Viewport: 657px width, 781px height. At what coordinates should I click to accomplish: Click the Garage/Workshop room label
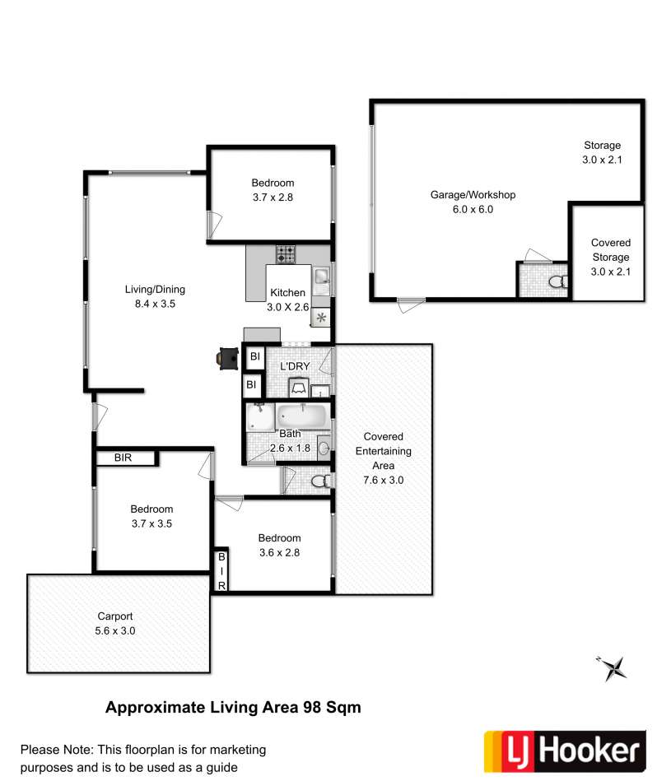click(x=473, y=195)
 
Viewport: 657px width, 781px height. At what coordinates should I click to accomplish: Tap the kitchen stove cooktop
click(x=286, y=254)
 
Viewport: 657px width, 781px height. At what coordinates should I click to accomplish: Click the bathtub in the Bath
click(x=303, y=416)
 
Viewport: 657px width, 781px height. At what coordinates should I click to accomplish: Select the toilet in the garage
click(x=557, y=282)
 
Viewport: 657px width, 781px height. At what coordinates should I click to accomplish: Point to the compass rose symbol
click(x=613, y=668)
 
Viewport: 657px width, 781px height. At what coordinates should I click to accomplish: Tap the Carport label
click(x=115, y=616)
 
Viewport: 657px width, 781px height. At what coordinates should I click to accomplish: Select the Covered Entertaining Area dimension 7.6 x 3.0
click(x=383, y=480)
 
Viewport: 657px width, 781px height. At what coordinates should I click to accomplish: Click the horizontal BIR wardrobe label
click(x=123, y=458)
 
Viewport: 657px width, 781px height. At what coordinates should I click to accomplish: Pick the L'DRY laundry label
click(x=295, y=366)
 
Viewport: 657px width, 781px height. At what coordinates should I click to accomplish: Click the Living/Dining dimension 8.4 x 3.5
click(x=155, y=304)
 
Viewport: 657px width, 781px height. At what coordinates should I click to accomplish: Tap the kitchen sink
click(x=322, y=277)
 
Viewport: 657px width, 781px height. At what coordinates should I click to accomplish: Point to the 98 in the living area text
click(x=311, y=707)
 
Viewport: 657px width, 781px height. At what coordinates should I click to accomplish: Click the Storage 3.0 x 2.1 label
click(x=602, y=152)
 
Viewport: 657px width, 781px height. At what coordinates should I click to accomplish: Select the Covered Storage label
click(x=611, y=249)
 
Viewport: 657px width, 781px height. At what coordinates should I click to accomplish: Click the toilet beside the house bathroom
click(x=321, y=481)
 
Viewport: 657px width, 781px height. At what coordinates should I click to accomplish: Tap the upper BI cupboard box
click(x=254, y=356)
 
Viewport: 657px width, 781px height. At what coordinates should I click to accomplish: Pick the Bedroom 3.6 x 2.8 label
click(x=279, y=546)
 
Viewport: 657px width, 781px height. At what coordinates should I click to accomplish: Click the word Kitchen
click(x=287, y=292)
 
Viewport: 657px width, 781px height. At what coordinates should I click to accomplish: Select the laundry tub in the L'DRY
click(x=299, y=388)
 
